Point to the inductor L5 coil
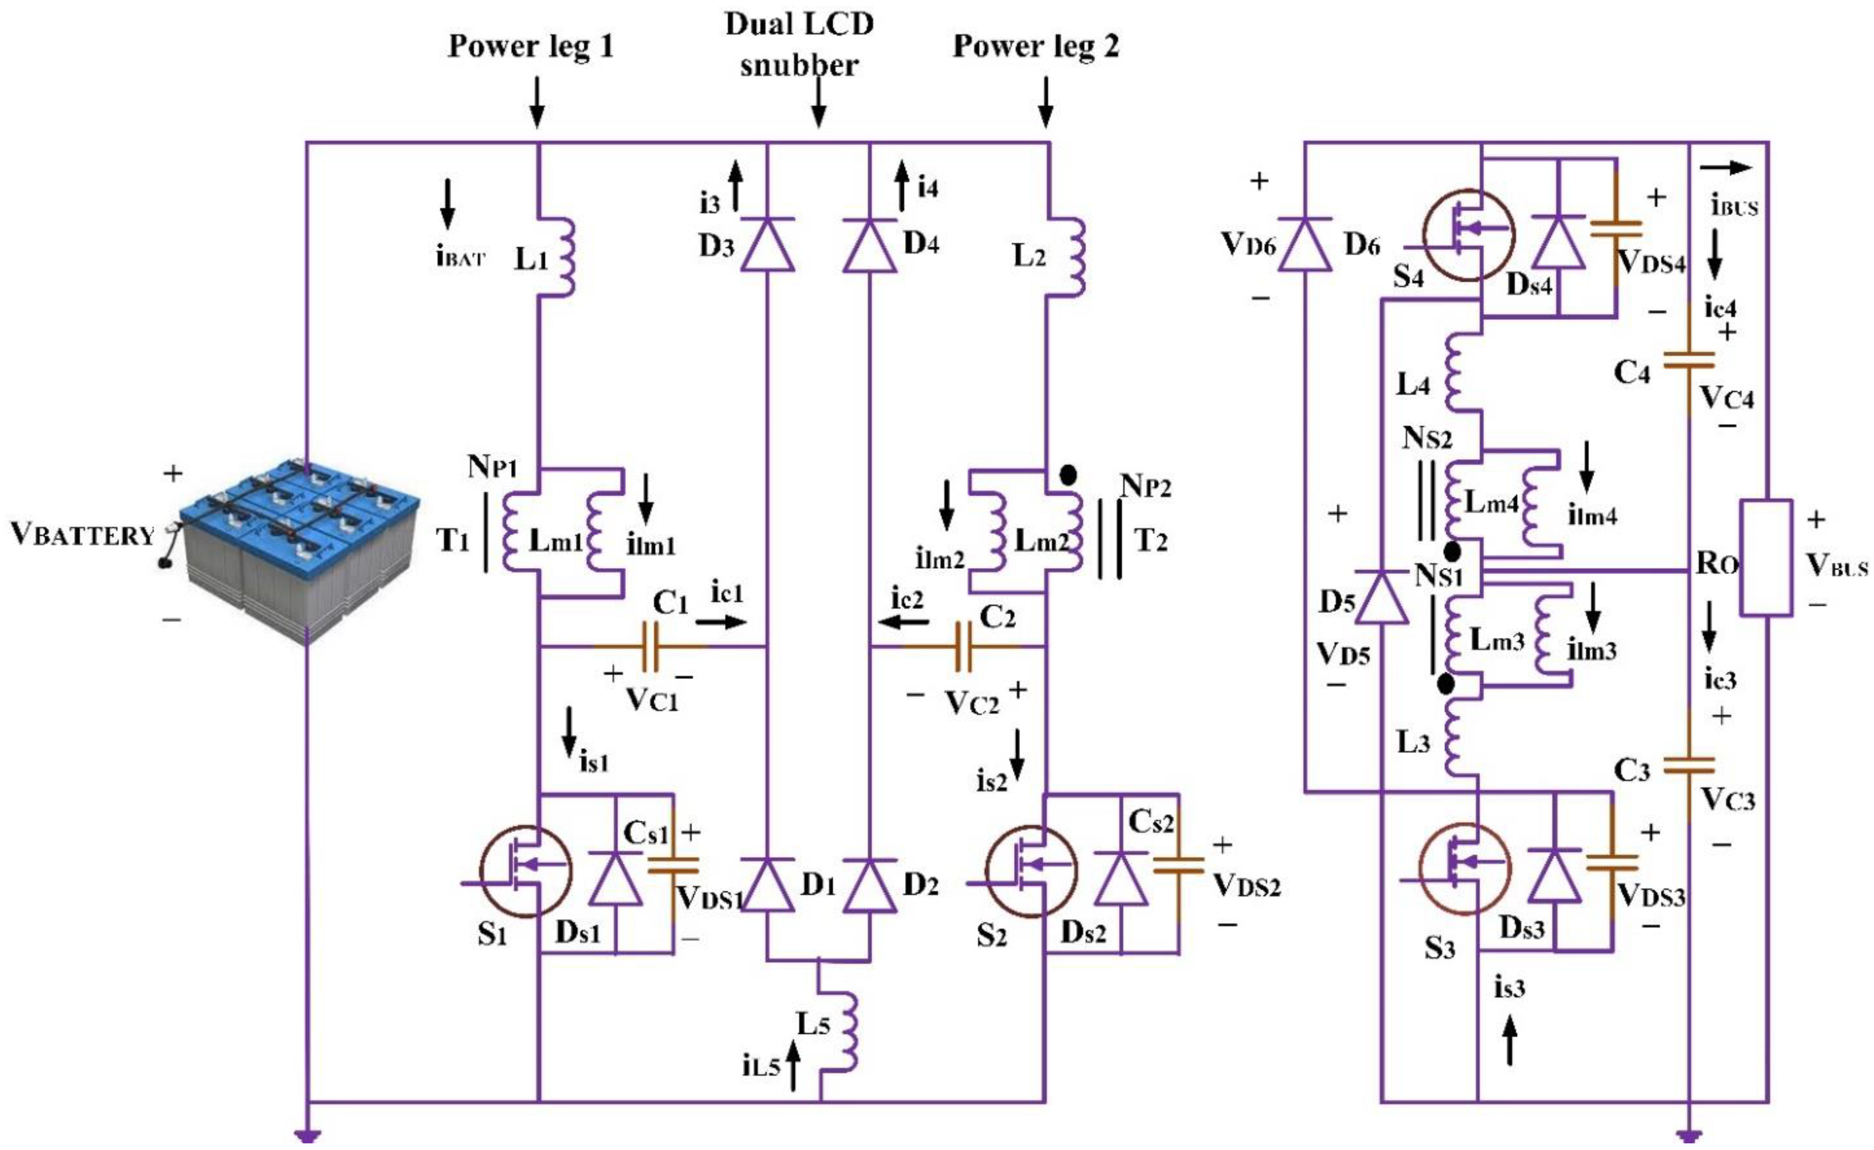click(x=842, y=1031)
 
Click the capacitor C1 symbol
click(x=650, y=647)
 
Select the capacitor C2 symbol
click(x=963, y=647)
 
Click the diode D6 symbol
click(x=1305, y=244)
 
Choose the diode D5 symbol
click(x=1381, y=596)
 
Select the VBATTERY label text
click(x=82, y=535)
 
